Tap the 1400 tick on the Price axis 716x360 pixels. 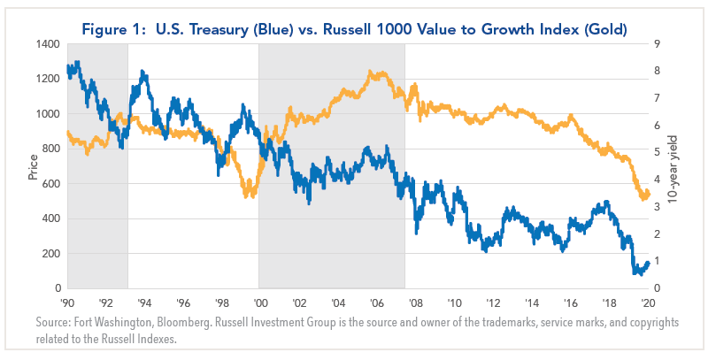48,44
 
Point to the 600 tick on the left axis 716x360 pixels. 51,184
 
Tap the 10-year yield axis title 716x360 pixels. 685,166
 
